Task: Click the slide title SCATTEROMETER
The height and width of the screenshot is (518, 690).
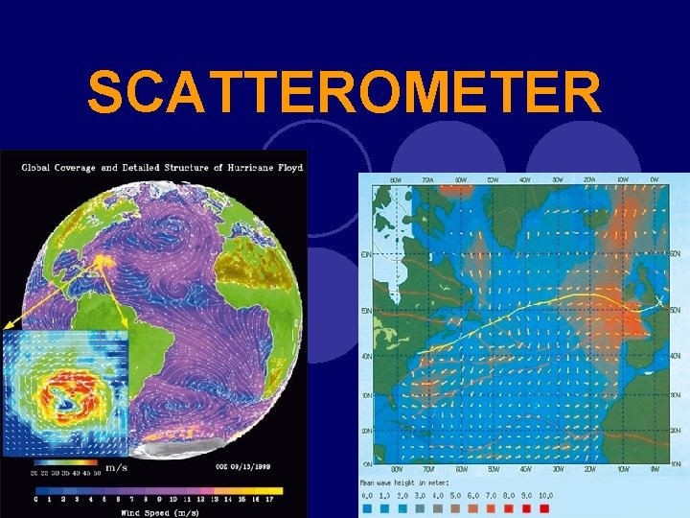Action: coord(344,93)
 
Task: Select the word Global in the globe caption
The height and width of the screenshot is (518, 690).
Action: coord(37,168)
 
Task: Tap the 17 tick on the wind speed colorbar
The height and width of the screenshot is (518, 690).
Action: coord(269,498)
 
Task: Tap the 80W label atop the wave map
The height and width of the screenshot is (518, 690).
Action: coord(396,179)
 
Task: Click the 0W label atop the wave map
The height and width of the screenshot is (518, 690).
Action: coord(654,179)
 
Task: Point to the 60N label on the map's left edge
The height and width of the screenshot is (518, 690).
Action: coord(365,254)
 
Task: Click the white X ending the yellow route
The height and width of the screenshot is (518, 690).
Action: coord(657,303)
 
